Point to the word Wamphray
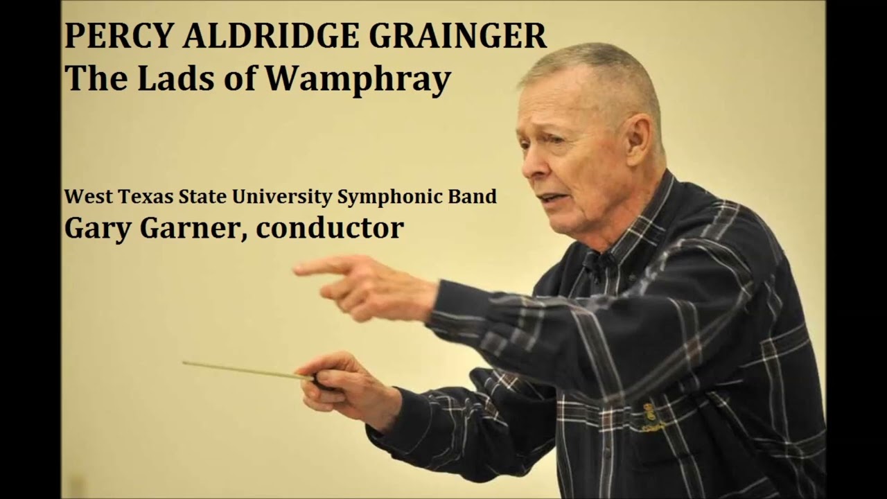click(x=358, y=79)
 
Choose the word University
click(x=281, y=197)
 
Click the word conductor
click(x=330, y=228)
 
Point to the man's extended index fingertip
click(x=297, y=268)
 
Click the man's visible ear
click(x=639, y=138)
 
